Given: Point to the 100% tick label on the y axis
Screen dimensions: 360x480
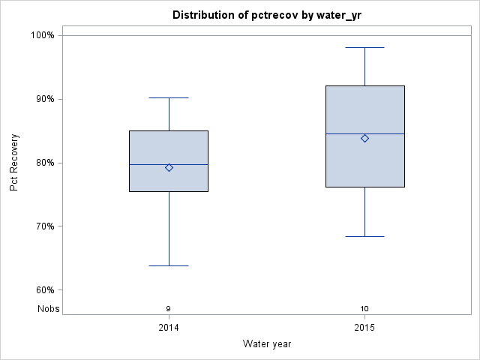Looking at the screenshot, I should point(42,35).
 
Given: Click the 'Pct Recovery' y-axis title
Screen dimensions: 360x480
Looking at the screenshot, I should point(14,163).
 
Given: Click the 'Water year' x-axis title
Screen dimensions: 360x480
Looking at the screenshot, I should point(267,343).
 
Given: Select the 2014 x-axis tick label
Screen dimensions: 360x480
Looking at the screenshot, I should point(169,328).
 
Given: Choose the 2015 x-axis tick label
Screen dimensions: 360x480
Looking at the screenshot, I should point(364,328).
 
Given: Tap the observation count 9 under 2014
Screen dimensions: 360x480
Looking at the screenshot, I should point(169,308).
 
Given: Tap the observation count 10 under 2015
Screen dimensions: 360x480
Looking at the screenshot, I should point(364,308).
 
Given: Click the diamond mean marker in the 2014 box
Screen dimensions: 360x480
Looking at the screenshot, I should point(169,167).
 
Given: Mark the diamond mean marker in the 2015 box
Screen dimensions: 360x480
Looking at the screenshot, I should point(364,138).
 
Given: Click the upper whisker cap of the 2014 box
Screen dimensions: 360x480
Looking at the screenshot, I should point(169,97).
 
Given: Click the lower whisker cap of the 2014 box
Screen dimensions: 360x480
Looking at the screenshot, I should point(169,265).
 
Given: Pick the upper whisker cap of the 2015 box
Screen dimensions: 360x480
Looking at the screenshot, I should point(364,47).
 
